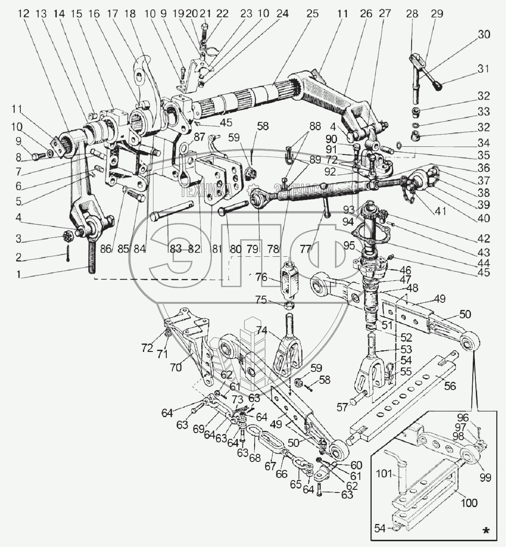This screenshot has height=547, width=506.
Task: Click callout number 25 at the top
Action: point(312,14)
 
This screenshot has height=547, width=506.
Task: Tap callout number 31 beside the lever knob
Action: point(484,69)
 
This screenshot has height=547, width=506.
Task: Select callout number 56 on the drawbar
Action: point(450,386)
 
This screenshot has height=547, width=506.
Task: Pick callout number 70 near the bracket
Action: point(176,367)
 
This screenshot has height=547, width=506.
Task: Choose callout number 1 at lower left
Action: point(18,274)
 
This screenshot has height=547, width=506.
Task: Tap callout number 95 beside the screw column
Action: point(349,245)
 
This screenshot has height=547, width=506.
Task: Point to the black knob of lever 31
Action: point(439,86)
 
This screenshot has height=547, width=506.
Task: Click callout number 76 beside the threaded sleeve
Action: point(261,277)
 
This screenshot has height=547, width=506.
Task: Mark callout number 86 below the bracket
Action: point(106,249)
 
